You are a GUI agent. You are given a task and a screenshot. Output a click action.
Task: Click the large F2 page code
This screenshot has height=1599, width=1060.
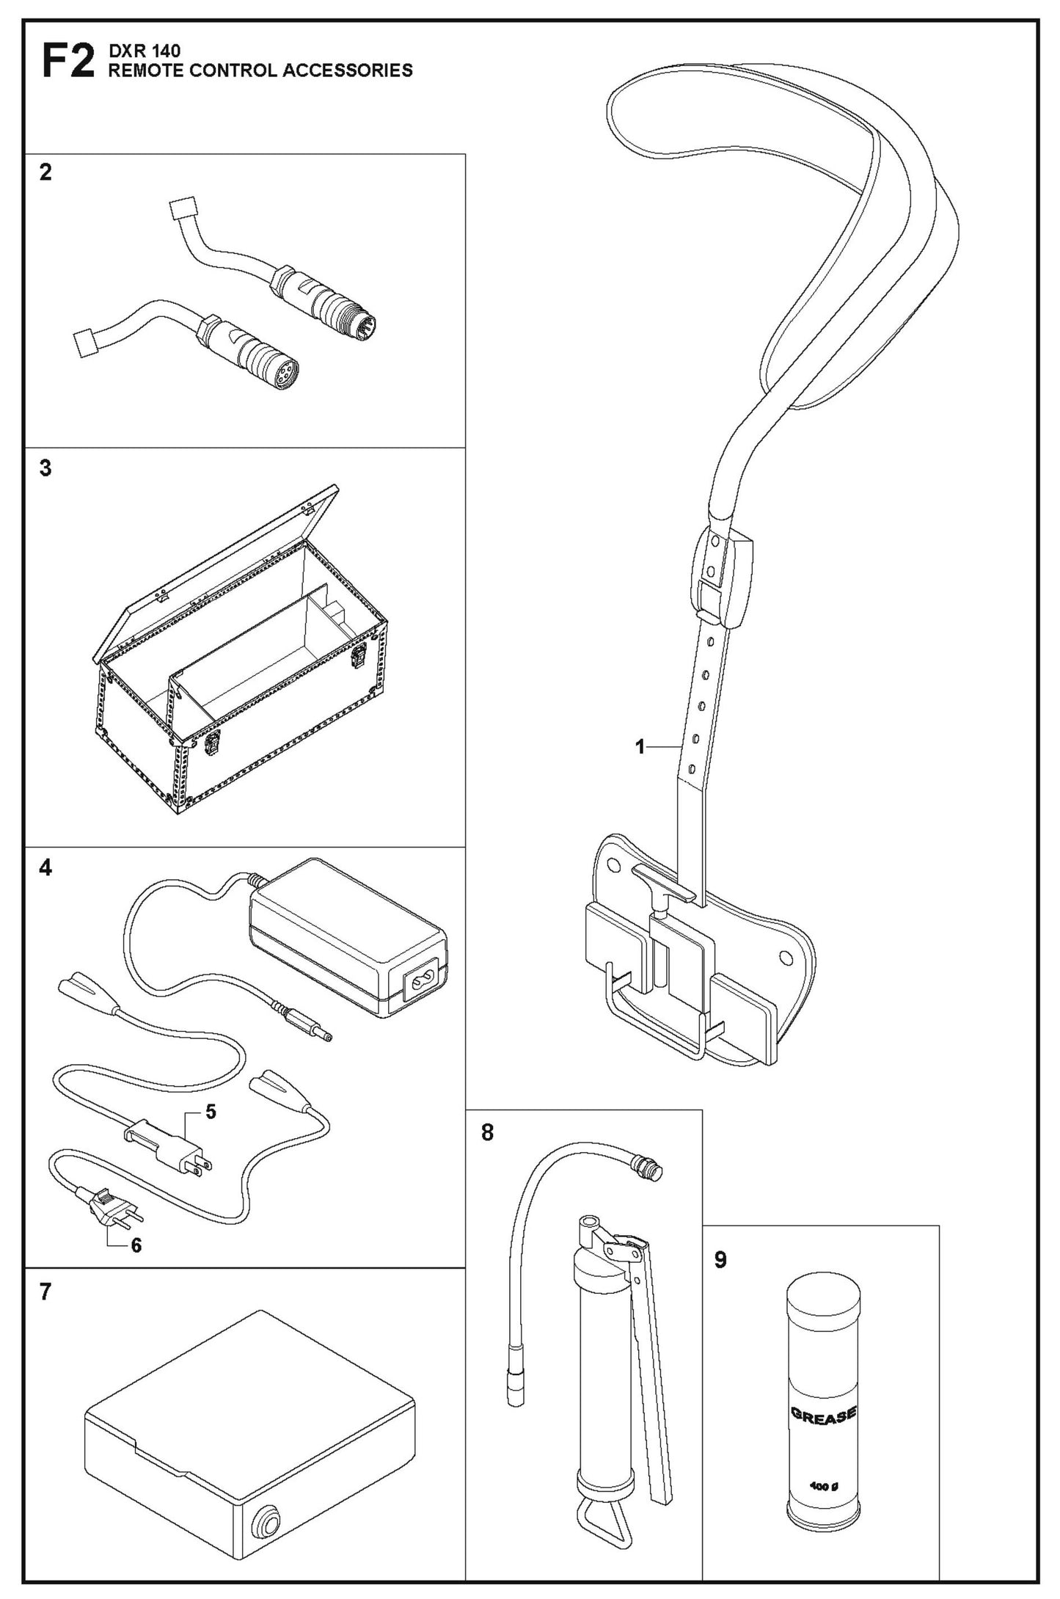pyautogui.click(x=67, y=62)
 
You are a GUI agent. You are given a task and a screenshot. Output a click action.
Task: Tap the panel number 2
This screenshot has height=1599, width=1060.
pyautogui.click(x=45, y=173)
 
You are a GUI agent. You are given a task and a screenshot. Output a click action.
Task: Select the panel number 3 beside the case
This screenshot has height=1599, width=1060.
pyautogui.click(x=45, y=468)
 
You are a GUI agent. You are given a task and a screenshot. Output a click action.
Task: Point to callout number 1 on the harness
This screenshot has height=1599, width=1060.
pyautogui.click(x=640, y=747)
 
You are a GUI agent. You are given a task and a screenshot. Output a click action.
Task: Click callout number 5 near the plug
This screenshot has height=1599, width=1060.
pyautogui.click(x=211, y=1112)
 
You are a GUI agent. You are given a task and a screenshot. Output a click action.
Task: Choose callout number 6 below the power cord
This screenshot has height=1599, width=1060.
pyautogui.click(x=136, y=1245)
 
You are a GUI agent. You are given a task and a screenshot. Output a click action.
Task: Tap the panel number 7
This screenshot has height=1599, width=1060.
pyautogui.click(x=45, y=1292)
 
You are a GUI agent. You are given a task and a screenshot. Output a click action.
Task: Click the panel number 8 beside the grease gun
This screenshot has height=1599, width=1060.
pyautogui.click(x=487, y=1133)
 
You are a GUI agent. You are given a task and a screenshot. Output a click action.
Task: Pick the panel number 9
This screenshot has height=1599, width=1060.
pyautogui.click(x=720, y=1260)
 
